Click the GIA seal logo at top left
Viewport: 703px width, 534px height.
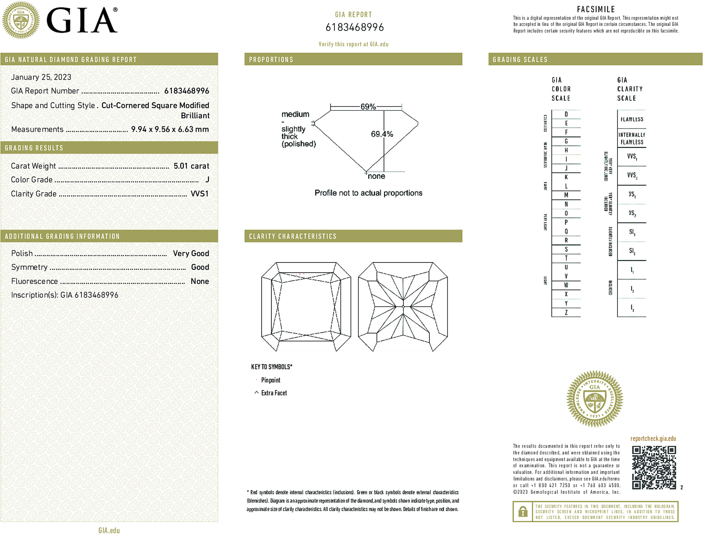point(21,20)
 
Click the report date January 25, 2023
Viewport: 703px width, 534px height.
point(41,77)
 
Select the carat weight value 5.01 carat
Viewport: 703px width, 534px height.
point(191,166)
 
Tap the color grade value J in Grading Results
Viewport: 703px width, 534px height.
point(207,180)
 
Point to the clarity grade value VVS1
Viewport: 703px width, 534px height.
point(199,194)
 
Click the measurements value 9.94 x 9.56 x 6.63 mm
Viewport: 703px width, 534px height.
point(170,129)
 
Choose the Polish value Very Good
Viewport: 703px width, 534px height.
point(191,253)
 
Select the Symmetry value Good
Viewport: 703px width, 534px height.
point(200,267)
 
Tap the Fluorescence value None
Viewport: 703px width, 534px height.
point(200,281)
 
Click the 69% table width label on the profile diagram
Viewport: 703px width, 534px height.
point(368,107)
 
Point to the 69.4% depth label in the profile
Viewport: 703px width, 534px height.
point(382,134)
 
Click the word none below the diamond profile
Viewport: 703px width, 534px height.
point(376,176)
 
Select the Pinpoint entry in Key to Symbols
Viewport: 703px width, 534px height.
point(271,380)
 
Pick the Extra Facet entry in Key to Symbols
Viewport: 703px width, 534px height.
point(274,393)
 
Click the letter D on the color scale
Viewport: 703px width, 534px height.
point(566,114)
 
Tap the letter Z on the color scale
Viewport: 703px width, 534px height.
point(566,312)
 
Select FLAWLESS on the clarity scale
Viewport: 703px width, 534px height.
point(632,119)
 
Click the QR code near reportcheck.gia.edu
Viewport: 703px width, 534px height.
point(653,468)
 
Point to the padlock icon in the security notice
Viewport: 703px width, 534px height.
point(522,511)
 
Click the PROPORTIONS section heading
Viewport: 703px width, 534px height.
point(271,60)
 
